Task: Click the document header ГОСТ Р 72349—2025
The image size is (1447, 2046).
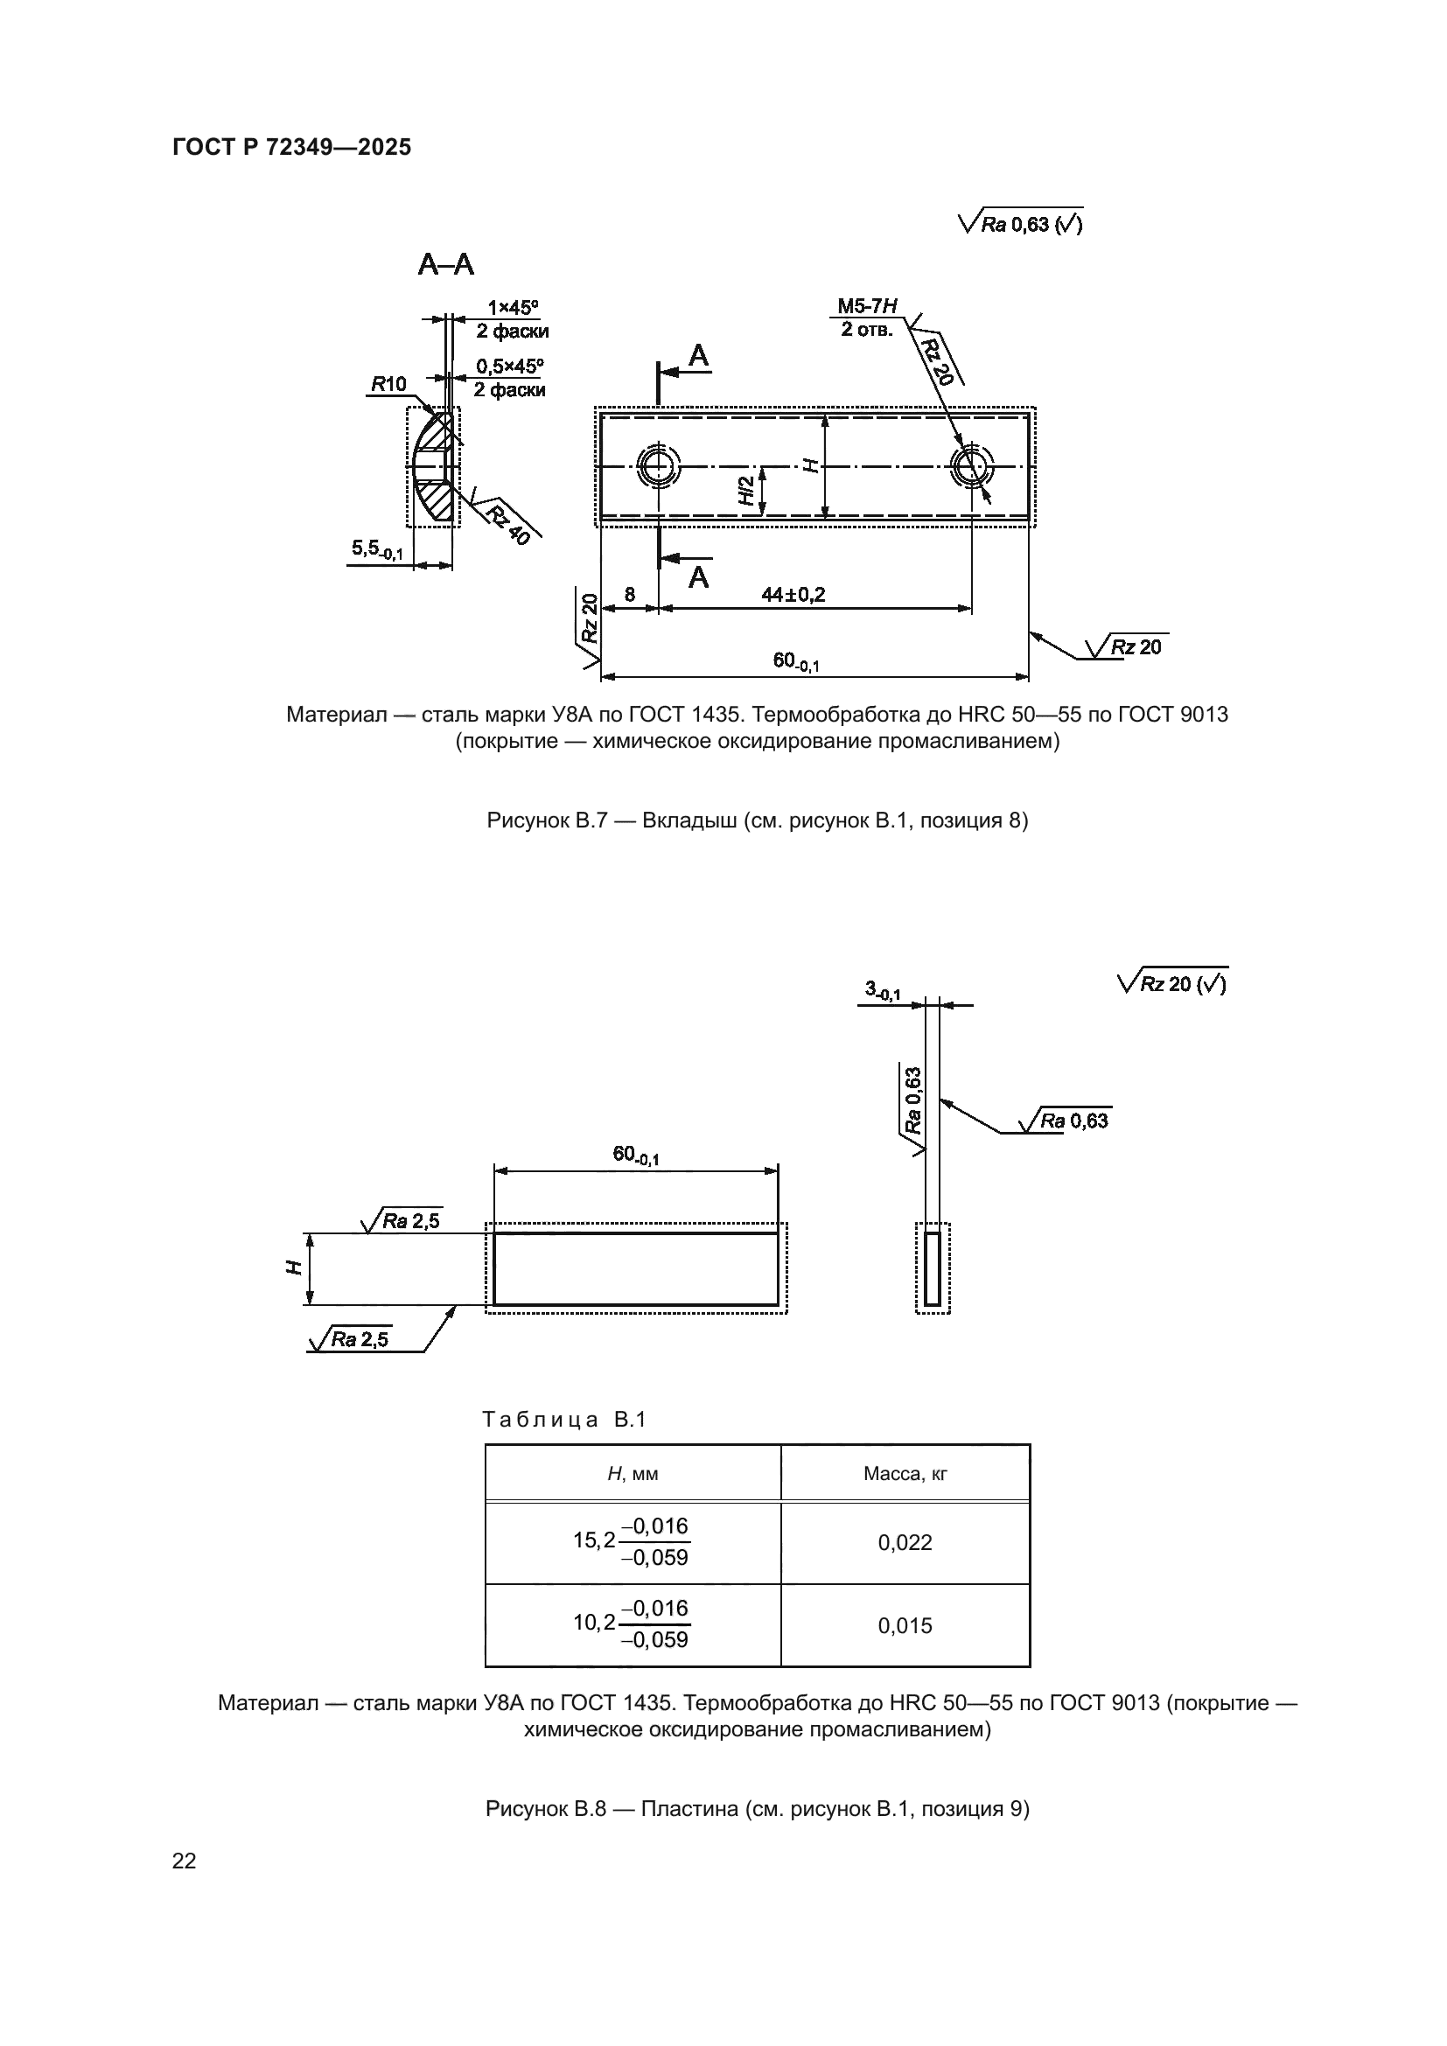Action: pyautogui.click(x=291, y=147)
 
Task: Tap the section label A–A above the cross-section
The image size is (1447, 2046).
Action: pyautogui.click(x=445, y=265)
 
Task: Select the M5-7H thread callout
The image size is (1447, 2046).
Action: pyautogui.click(x=866, y=306)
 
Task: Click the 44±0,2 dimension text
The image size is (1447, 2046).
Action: pyautogui.click(x=793, y=594)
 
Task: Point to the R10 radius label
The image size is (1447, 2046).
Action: pyautogui.click(x=388, y=384)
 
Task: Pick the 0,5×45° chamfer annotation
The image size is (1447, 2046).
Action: pyautogui.click(x=510, y=367)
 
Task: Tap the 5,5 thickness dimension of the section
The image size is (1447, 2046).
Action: pyautogui.click(x=377, y=550)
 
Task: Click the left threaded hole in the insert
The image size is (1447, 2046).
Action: pyautogui.click(x=659, y=465)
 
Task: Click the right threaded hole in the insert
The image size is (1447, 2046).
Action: pyautogui.click(x=971, y=465)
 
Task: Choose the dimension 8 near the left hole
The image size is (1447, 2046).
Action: pyautogui.click(x=630, y=594)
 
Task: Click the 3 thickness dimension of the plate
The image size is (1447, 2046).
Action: pyautogui.click(x=882, y=990)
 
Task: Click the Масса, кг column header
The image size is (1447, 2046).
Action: pyautogui.click(x=905, y=1474)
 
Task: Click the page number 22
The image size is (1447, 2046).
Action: pyautogui.click(x=185, y=1861)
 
